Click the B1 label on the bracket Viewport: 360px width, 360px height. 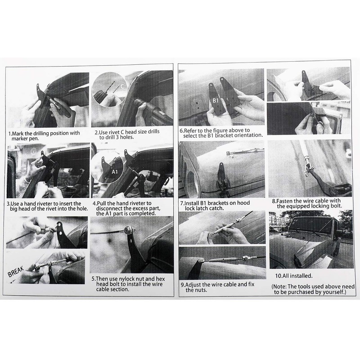[x=216, y=100]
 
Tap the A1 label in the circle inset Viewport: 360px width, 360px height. [x=115, y=171]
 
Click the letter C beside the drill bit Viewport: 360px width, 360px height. [x=122, y=86]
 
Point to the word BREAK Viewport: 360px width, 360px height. [x=16, y=272]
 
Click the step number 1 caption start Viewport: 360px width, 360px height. [x=10, y=134]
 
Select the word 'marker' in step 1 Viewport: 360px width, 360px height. [x=19, y=139]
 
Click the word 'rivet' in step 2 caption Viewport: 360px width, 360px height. [x=114, y=132]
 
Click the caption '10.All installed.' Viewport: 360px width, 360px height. [x=294, y=276]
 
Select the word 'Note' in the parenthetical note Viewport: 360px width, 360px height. [x=279, y=287]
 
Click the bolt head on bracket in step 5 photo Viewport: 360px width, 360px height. [x=127, y=229]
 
